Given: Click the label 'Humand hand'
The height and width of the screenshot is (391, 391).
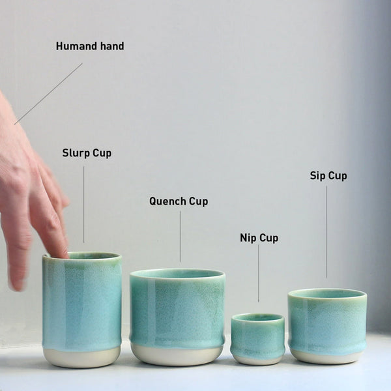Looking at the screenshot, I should (89, 46).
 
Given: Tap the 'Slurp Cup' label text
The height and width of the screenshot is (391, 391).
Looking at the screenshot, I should (87, 153).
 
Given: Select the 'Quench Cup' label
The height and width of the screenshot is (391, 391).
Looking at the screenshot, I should (179, 201).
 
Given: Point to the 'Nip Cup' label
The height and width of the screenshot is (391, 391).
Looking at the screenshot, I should (259, 238).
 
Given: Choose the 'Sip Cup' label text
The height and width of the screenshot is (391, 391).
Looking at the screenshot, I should (328, 176).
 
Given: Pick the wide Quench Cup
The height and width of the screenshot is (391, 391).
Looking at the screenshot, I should (177, 310).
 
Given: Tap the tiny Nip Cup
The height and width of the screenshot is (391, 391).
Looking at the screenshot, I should (257, 336).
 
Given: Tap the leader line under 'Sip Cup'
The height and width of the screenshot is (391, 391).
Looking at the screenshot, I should (326, 231).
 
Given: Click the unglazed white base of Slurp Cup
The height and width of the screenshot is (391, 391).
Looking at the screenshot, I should (82, 356).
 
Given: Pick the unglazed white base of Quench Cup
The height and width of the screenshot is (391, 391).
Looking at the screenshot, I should (177, 355).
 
